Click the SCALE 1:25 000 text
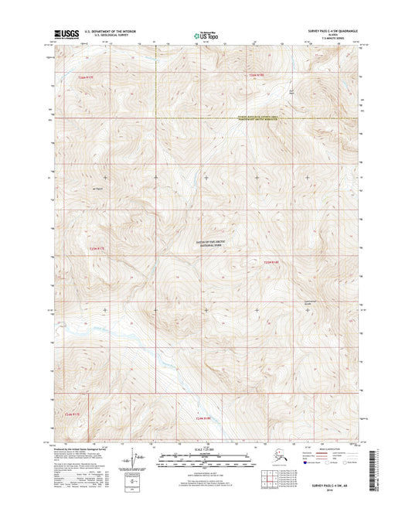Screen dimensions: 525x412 pyautogui.click(x=205, y=450)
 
